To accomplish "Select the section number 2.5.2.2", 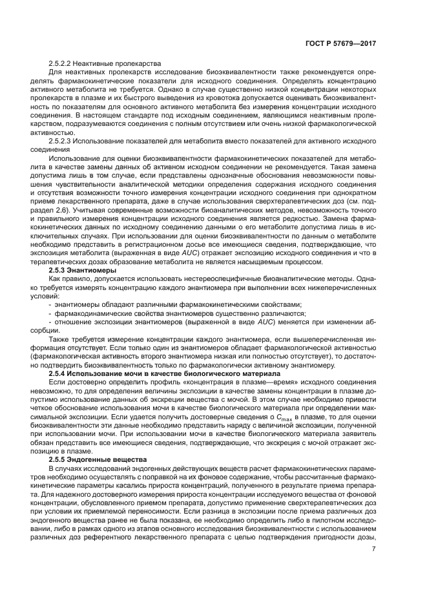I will tap(61, 65).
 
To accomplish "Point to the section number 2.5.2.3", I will tap(61, 140).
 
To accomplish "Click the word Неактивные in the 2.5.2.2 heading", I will tap(94, 65).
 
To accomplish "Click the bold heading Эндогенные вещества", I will tap(106, 458).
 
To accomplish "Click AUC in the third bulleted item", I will tap(262, 320).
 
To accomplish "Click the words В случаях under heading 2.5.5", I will tap(64, 466).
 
